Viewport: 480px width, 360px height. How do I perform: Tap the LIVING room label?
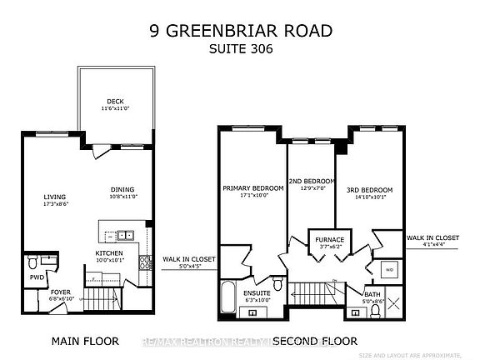pyautogui.click(x=55, y=197)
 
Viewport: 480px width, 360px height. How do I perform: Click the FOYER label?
pyautogui.click(x=60, y=292)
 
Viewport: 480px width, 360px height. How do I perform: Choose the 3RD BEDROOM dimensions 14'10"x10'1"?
pyautogui.click(x=371, y=196)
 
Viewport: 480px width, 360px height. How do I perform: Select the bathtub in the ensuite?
pyautogui.click(x=227, y=295)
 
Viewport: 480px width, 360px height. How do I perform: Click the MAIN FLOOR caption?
pyautogui.click(x=85, y=341)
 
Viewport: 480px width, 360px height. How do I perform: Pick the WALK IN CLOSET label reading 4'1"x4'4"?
pyautogui.click(x=432, y=241)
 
